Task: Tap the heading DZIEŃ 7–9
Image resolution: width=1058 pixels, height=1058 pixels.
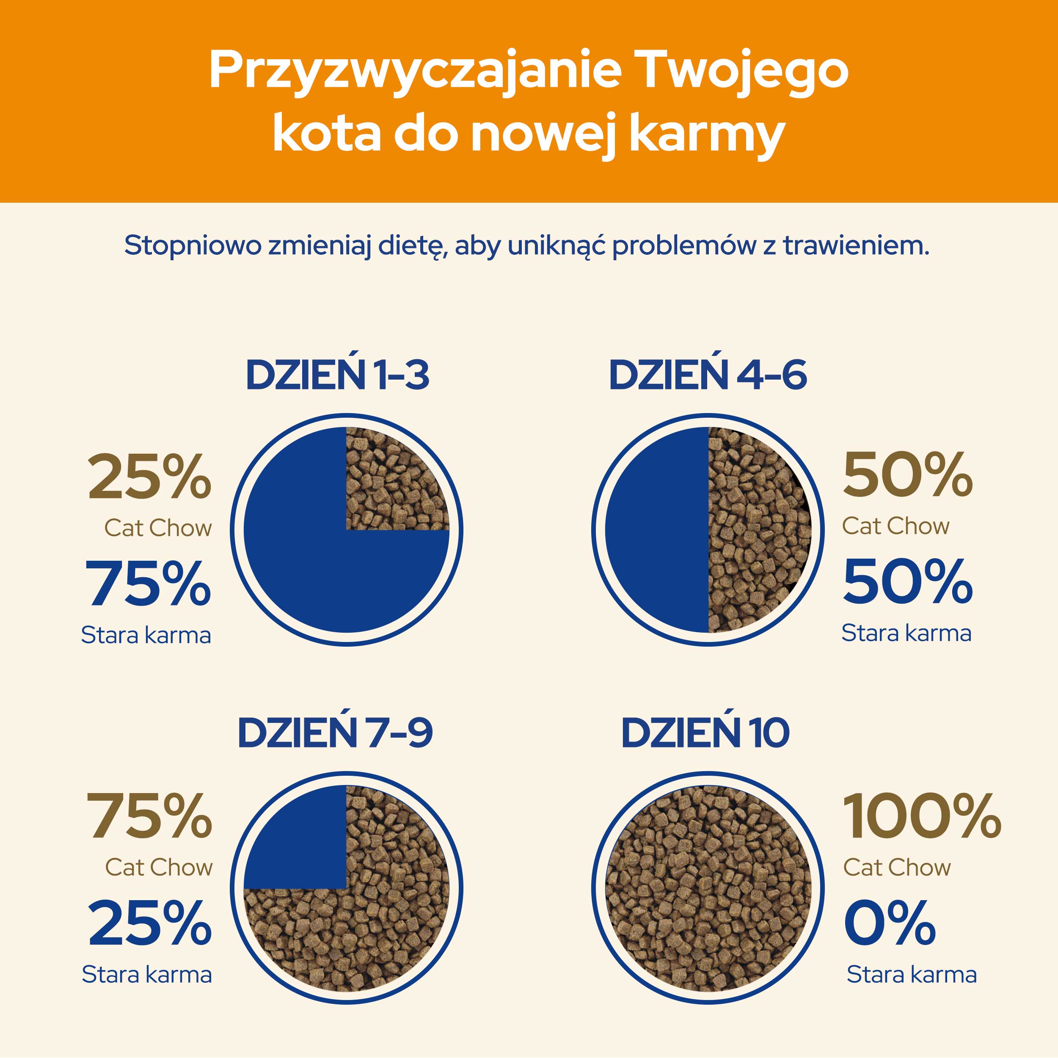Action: pyautogui.click(x=335, y=733)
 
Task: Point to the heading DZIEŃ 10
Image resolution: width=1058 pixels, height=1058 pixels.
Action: pyautogui.click(x=705, y=733)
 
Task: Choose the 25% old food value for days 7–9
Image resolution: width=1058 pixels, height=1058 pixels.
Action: pyautogui.click(x=149, y=924)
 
